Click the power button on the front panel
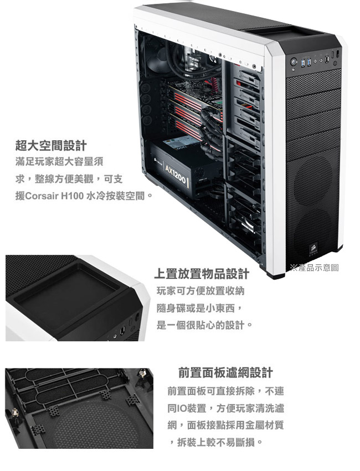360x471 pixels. (294, 62)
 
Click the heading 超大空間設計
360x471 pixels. (51, 146)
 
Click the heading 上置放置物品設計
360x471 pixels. (202, 274)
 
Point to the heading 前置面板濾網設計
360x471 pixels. (225, 372)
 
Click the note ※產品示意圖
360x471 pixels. (315, 267)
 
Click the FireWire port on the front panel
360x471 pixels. (327, 61)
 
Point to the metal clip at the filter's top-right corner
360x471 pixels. (142, 374)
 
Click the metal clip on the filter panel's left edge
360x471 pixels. (14, 413)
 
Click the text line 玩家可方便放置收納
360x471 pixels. (200, 291)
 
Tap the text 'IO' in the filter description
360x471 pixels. (182, 408)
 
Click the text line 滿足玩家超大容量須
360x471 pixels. (59, 162)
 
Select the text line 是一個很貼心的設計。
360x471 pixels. (204, 325)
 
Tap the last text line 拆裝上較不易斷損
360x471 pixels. (216, 442)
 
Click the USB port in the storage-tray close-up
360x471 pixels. (122, 331)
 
